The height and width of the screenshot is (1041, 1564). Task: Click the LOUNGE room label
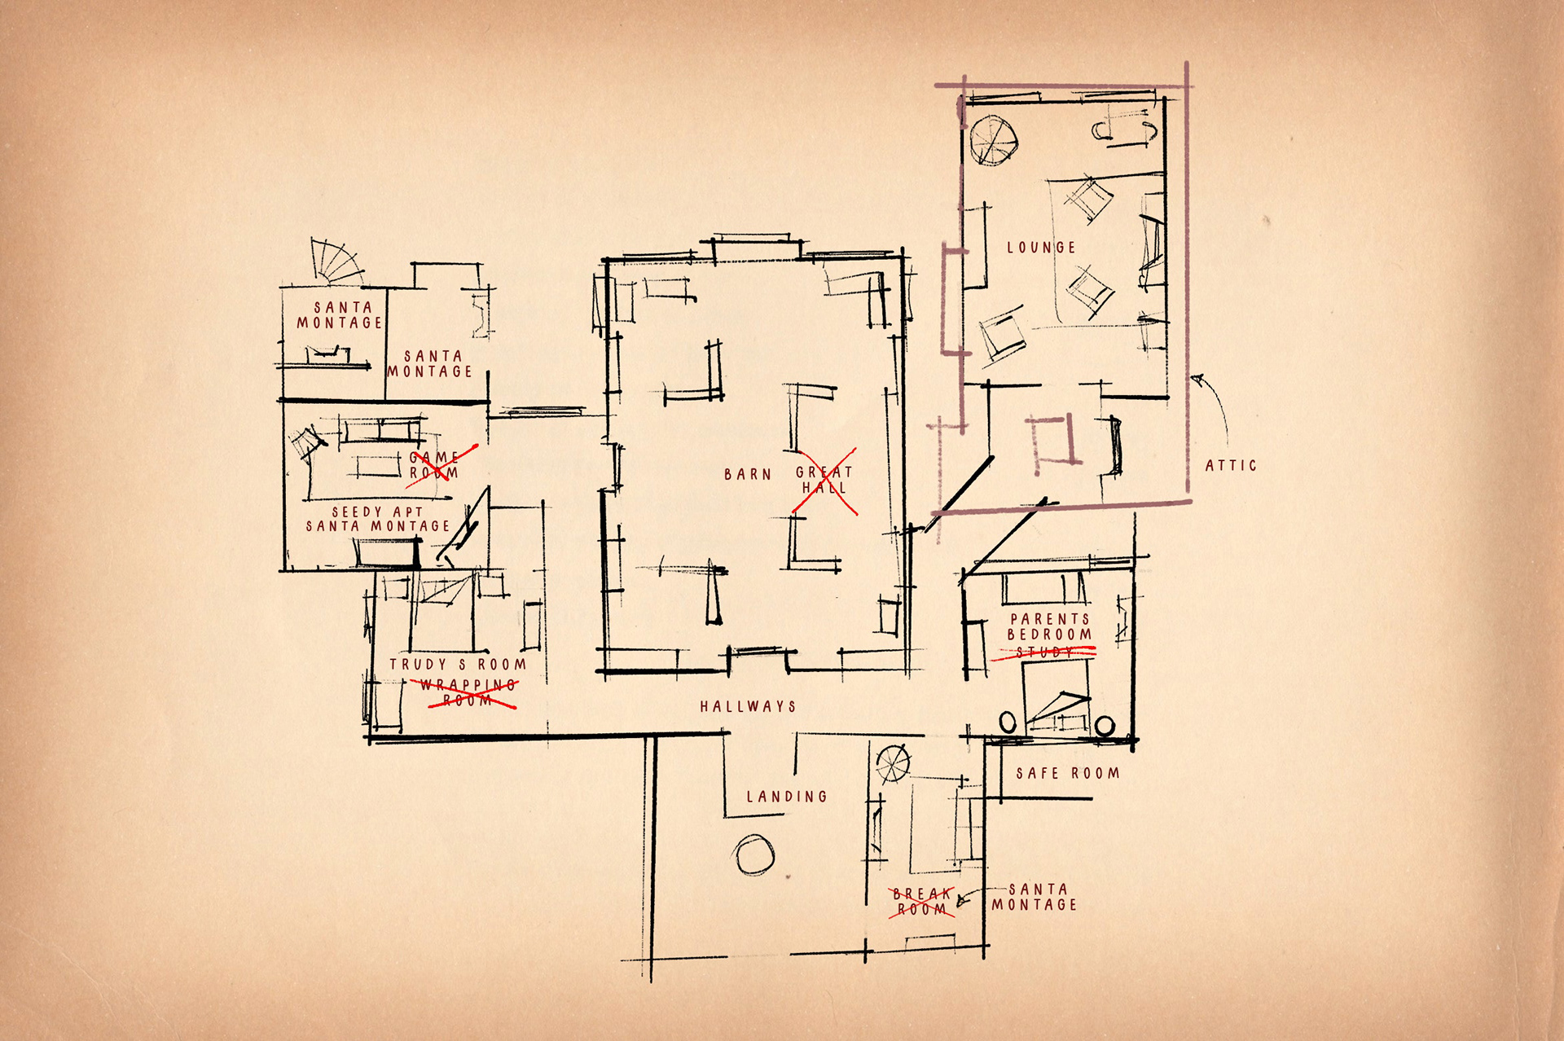[x=1041, y=248]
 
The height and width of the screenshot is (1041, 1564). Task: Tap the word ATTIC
[x=1231, y=466]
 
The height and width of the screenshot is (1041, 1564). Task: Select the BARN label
[x=747, y=474]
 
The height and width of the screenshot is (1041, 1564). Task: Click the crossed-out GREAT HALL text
[x=824, y=480]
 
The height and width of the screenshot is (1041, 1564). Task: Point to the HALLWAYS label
[x=748, y=706]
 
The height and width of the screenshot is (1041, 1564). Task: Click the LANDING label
[x=787, y=797]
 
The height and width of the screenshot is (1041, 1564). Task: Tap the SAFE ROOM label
[x=1067, y=773]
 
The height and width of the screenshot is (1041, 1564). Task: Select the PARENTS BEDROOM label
[x=1049, y=627]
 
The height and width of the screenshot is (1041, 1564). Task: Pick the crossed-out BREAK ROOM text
[x=922, y=902]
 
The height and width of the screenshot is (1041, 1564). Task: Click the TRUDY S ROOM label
[x=457, y=665]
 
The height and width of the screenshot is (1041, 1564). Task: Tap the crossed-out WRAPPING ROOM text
[x=468, y=693]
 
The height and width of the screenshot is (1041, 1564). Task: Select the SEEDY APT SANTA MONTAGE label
[x=378, y=520]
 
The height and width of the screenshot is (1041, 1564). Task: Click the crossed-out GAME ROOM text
[x=434, y=465]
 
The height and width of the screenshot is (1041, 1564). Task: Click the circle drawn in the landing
[x=753, y=855]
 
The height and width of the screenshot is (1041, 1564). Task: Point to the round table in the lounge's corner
[x=993, y=140]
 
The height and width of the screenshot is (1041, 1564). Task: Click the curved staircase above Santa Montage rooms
[x=336, y=261]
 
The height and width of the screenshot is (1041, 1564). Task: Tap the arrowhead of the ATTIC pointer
[x=1197, y=379]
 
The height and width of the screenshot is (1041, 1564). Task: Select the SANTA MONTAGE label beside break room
[x=1035, y=897]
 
